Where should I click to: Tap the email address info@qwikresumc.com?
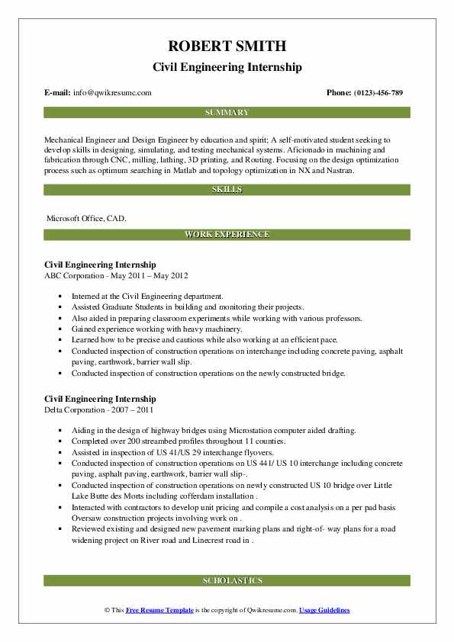pyautogui.click(x=112, y=92)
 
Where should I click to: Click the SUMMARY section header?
pyautogui.click(x=227, y=112)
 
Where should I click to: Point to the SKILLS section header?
pyautogui.click(x=227, y=189)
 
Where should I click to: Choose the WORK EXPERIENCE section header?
pyautogui.click(x=227, y=235)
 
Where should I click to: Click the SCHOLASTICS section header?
pyautogui.click(x=227, y=580)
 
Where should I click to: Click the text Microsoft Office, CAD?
pyautogui.click(x=86, y=218)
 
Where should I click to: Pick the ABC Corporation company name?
pyautogui.click(x=77, y=275)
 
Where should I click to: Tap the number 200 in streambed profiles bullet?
pyautogui.click(x=124, y=441)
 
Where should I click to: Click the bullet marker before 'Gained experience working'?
pyautogui.click(x=60, y=329)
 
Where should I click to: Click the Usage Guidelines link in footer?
pyautogui.click(x=324, y=611)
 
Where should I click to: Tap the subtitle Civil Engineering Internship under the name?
pyautogui.click(x=227, y=67)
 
